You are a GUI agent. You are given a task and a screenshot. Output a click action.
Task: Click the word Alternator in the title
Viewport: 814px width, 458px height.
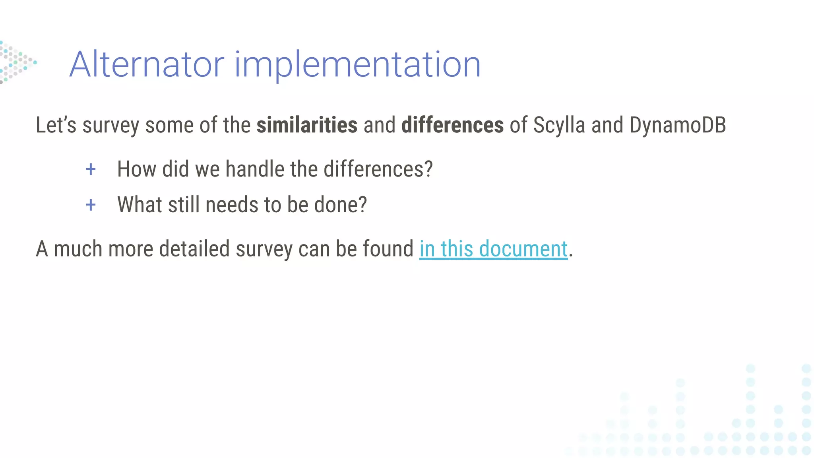point(147,64)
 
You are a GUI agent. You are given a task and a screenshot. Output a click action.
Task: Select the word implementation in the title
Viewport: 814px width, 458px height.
point(358,64)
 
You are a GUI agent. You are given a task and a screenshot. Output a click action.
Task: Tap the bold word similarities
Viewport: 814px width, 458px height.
point(307,125)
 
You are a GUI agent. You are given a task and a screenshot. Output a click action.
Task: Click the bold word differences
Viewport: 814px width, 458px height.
point(452,125)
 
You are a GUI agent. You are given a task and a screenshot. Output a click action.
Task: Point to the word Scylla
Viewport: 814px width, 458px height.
point(559,125)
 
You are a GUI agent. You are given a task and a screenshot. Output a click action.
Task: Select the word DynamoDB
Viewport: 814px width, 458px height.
point(678,125)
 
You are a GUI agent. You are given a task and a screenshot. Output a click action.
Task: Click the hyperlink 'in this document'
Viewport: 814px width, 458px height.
point(493,249)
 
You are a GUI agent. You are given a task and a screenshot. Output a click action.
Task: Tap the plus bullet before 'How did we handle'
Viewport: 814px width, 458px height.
point(91,169)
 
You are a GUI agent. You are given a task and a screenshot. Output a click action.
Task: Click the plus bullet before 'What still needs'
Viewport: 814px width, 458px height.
point(91,205)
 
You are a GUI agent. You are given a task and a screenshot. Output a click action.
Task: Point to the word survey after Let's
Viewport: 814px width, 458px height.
point(110,126)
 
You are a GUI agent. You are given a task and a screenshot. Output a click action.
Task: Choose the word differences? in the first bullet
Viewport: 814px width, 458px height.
point(378,169)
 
